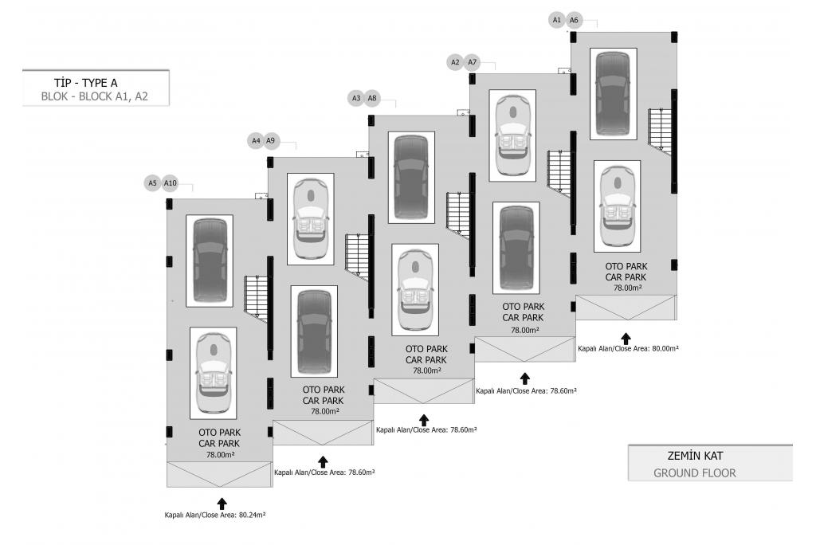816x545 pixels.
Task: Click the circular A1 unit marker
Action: pos(557,19)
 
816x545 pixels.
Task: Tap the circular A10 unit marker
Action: pos(169,182)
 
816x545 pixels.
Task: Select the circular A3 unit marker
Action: pos(356,98)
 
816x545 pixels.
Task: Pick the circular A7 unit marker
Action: pos(472,61)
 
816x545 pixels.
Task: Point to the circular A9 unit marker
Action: pos(270,140)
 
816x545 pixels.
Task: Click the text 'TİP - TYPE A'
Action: pos(85,82)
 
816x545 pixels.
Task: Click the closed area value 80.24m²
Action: pos(214,516)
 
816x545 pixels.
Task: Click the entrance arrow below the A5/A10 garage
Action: pos(222,504)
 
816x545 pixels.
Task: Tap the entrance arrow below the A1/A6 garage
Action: pos(626,338)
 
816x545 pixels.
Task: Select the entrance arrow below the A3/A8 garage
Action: pos(423,419)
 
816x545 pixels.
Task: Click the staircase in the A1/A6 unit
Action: pos(661,128)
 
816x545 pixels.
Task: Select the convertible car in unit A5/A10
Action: pos(213,372)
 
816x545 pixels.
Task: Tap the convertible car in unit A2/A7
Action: pos(512,134)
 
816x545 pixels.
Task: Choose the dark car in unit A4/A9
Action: pos(314,331)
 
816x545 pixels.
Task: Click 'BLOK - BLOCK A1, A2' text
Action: pos(95,97)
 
